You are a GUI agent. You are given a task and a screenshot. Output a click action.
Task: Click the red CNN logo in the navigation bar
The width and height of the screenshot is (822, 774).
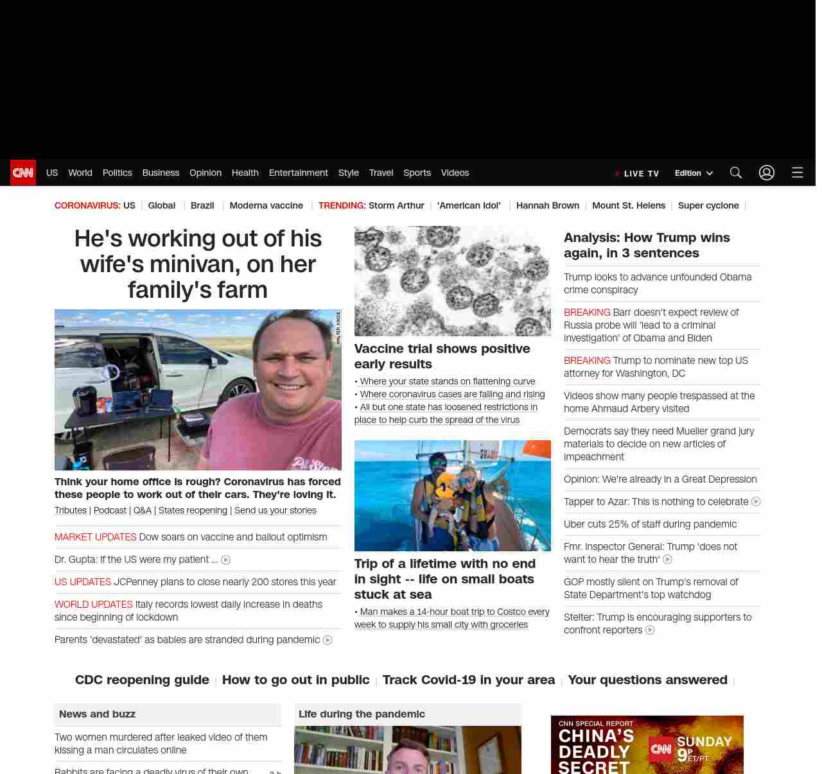[23, 173]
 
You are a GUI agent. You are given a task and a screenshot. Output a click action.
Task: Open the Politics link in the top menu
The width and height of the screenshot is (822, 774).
[117, 173]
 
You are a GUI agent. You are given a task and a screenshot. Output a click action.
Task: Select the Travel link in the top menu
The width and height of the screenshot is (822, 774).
[381, 173]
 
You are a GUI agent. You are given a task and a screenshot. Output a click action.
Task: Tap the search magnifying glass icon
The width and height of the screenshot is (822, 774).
[735, 173]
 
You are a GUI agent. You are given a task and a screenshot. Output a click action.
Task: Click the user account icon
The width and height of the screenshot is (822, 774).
[767, 173]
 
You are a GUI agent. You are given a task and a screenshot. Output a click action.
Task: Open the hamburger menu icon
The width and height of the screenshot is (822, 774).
[798, 173]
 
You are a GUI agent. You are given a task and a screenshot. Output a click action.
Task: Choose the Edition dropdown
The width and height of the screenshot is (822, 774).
[694, 173]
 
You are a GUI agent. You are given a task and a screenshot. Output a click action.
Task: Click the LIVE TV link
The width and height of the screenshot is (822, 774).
[638, 173]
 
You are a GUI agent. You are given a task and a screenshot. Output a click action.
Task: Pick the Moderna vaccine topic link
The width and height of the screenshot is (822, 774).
[266, 205]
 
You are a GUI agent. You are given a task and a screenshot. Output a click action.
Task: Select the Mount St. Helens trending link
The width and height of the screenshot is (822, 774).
[628, 205]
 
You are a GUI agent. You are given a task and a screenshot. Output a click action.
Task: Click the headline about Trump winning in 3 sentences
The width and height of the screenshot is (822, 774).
[647, 245]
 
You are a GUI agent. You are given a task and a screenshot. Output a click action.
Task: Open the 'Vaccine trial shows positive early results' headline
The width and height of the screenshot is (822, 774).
[442, 356]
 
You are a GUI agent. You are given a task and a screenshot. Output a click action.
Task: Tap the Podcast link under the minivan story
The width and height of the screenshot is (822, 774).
[110, 510]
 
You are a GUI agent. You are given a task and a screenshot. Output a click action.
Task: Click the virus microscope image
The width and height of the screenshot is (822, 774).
[452, 281]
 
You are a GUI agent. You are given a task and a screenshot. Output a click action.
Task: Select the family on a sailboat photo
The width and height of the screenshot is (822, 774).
[452, 495]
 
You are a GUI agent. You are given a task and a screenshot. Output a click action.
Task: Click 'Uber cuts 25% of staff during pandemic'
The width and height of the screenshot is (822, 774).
[650, 524]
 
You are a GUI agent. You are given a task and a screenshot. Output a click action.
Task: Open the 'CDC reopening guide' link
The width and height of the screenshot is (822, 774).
[142, 680]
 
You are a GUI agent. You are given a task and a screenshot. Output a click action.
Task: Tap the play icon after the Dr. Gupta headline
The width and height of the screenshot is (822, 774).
[225, 560]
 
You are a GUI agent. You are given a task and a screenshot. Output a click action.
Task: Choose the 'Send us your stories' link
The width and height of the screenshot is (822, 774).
[275, 510]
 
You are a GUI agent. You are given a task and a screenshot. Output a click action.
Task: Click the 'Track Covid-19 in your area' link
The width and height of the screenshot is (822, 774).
[468, 680]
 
